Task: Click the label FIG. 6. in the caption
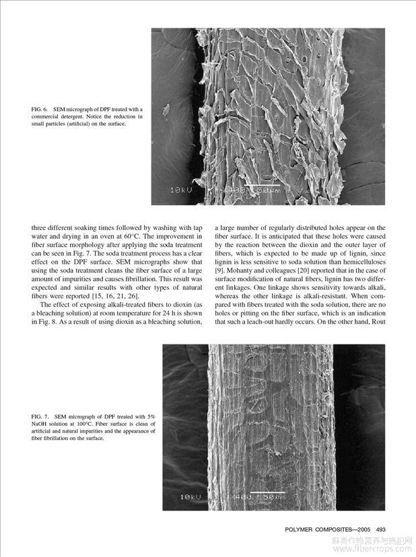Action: tap(40, 108)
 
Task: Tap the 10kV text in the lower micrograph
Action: tap(192, 496)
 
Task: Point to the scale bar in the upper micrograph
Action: tap(261, 184)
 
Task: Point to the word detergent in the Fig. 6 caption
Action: tap(86, 116)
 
